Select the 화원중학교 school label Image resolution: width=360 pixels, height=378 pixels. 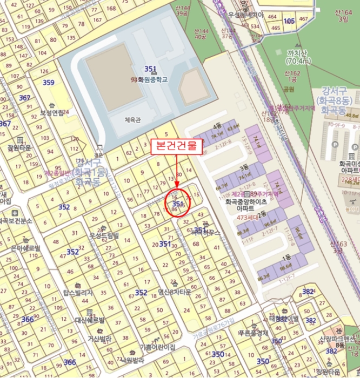(153, 79)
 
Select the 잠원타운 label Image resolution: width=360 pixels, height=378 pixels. (19, 147)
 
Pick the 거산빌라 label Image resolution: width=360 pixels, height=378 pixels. (99, 339)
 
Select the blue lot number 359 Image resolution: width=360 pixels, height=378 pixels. (49, 83)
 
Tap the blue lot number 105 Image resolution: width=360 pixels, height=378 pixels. (289, 21)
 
